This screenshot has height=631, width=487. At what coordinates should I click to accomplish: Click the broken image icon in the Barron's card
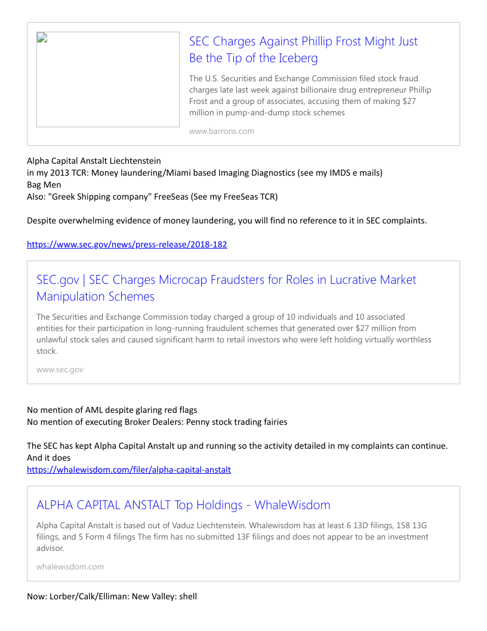42,38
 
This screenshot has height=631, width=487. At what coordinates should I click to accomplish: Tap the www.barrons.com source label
221,131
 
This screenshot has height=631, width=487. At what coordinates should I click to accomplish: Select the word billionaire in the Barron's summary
326,90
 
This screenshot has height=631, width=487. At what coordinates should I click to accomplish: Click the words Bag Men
44,185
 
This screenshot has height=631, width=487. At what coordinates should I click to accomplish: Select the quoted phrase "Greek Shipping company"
100,197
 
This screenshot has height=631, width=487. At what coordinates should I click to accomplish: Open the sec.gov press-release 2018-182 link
127,244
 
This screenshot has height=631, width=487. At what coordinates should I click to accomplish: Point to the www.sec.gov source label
60,369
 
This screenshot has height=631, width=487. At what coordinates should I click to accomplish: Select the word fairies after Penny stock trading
273,422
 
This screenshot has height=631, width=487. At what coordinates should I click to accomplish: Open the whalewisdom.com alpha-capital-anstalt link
128,470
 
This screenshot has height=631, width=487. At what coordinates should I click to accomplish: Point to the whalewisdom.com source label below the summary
70,566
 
